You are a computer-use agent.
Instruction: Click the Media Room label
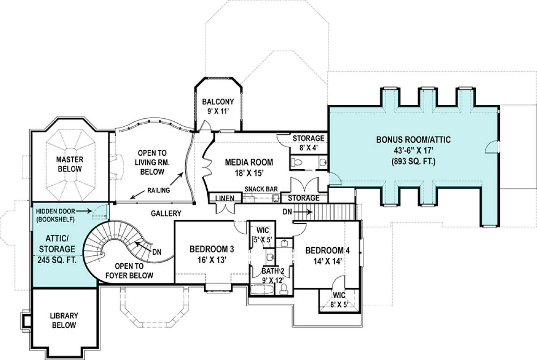(249, 167)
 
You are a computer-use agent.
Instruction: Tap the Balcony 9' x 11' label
(217, 107)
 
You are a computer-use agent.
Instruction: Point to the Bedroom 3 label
(212, 254)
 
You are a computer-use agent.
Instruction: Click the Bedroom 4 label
(328, 256)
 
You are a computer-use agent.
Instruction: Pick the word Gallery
(166, 213)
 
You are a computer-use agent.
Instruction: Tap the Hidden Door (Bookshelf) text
(55, 215)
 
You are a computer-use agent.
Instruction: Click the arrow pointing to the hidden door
(84, 211)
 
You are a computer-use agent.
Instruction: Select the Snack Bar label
(261, 189)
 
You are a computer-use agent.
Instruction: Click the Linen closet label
(225, 198)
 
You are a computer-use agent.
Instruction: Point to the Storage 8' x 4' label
(308, 143)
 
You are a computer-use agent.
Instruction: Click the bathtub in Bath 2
(262, 290)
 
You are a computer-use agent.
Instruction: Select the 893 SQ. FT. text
(413, 161)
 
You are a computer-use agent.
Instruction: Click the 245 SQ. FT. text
(57, 260)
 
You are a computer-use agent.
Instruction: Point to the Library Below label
(64, 320)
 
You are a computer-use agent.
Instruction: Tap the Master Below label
(70, 164)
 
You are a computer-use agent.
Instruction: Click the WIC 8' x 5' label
(339, 300)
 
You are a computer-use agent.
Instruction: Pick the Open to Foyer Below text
(129, 271)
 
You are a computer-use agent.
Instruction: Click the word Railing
(158, 190)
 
